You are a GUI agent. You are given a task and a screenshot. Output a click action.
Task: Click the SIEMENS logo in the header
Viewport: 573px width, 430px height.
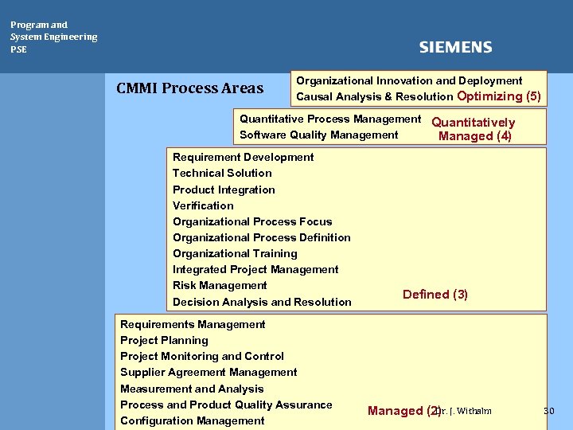pyautogui.click(x=455, y=48)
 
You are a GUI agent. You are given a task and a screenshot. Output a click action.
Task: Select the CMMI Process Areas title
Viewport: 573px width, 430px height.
pyautogui.click(x=189, y=88)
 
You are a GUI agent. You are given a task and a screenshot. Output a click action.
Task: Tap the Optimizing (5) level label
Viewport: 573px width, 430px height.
pyautogui.click(x=499, y=96)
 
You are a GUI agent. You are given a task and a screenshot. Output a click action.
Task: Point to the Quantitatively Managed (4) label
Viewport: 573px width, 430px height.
pyautogui.click(x=474, y=129)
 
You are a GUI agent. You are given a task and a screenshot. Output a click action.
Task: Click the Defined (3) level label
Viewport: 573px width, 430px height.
pyautogui.click(x=435, y=295)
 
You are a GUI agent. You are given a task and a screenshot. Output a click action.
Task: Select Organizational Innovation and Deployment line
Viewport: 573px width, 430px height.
pyautogui.click(x=409, y=80)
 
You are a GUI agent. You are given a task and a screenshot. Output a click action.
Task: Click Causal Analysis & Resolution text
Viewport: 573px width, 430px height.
pyautogui.click(x=375, y=97)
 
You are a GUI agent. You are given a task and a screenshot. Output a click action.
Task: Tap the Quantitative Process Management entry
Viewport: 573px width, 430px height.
pyautogui.click(x=330, y=119)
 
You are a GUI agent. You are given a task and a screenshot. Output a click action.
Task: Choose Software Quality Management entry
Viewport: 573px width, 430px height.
pyautogui.click(x=318, y=135)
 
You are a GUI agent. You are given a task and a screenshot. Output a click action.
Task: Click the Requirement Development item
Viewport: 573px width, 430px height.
pyautogui.click(x=243, y=157)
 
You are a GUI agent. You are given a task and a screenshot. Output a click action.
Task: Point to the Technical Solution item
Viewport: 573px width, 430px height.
pyautogui.click(x=222, y=173)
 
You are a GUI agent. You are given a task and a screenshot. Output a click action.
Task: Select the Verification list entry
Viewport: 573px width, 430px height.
pyautogui.click(x=203, y=205)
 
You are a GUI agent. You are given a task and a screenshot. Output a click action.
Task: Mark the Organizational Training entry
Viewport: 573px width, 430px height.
pyautogui.click(x=235, y=253)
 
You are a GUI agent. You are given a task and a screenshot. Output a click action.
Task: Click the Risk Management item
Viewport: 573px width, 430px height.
pyautogui.click(x=220, y=285)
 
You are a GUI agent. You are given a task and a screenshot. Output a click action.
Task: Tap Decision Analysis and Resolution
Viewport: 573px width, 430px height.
pyautogui.click(x=262, y=302)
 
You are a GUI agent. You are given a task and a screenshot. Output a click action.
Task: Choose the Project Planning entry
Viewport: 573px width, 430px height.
pyautogui.click(x=164, y=340)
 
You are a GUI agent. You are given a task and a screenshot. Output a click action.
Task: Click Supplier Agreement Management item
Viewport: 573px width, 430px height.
pyautogui.click(x=209, y=372)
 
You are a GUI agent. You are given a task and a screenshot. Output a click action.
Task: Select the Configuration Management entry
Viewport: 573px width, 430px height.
pyautogui.click(x=192, y=420)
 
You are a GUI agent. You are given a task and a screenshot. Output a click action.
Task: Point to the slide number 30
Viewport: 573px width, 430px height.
pyautogui.click(x=548, y=411)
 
